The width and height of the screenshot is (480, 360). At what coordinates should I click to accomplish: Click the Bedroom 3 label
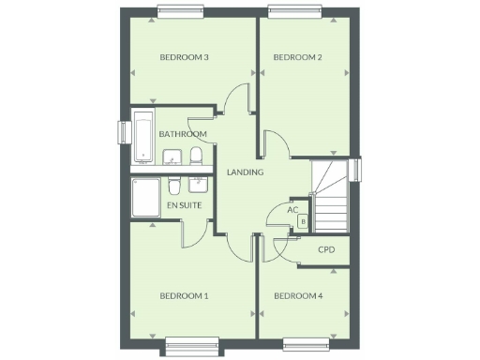184,58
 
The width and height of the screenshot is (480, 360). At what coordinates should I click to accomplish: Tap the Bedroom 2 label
297,58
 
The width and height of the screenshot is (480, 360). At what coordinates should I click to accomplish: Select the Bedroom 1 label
184,296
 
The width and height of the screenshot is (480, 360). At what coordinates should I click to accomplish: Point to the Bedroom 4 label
298,296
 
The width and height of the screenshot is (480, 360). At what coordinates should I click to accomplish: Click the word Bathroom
183,134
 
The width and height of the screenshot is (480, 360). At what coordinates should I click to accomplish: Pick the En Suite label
183,204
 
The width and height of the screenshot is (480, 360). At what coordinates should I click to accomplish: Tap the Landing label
246,172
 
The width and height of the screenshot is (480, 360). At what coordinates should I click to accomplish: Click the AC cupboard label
292,210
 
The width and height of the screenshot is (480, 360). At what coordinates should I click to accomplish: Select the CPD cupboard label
326,249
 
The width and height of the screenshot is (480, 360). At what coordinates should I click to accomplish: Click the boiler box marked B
303,222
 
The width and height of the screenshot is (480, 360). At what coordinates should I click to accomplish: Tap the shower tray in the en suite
145,199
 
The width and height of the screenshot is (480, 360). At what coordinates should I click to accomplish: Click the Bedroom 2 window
295,12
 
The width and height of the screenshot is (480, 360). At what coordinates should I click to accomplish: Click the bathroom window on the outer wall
121,133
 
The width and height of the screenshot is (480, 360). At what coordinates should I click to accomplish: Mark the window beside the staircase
358,168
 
